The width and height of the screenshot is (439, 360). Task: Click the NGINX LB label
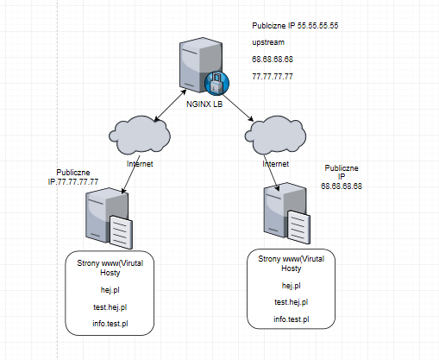coord(204,104)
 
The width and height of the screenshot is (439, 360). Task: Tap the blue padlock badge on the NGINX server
coord(217,83)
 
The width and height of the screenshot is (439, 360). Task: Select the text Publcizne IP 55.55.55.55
coord(295,26)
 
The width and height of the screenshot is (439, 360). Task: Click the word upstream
coord(268,42)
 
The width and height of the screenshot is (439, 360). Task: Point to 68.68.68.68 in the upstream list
coord(273,60)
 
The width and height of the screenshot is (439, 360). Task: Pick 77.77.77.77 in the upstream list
coord(273,77)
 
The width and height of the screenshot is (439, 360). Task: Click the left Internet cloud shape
coord(140,135)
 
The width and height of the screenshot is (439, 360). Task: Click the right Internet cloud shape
coord(275,135)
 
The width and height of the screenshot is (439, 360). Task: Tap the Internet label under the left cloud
coord(140,164)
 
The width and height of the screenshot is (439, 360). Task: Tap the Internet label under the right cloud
coord(275,164)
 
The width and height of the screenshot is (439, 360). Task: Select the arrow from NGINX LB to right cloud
coord(238,108)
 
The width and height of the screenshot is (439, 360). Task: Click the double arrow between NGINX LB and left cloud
coord(170,105)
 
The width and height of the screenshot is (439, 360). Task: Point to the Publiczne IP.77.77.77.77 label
coord(73,177)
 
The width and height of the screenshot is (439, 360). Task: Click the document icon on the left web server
coord(121,232)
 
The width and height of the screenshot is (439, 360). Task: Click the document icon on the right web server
coord(299,227)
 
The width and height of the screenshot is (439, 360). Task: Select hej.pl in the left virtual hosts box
coord(110,290)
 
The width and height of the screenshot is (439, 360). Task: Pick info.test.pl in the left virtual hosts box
coord(110,324)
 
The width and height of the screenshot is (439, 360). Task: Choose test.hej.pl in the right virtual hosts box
coord(292,302)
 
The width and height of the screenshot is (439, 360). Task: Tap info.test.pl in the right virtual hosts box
coord(292,319)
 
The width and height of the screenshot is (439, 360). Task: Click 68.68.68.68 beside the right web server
coord(342,186)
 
